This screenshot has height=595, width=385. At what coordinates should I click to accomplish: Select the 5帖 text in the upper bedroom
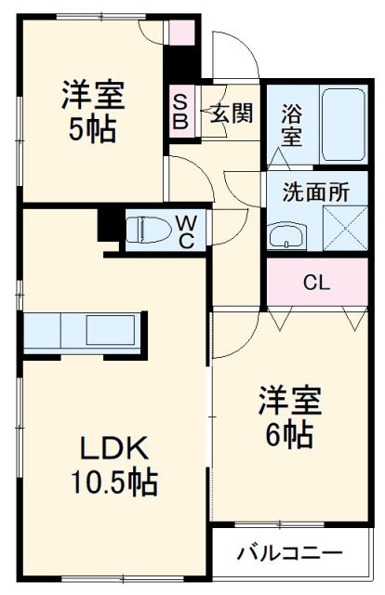coord(93,129)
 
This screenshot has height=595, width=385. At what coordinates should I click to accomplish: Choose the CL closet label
coord(316,282)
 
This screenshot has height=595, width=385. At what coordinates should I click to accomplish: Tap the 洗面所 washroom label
coord(316,193)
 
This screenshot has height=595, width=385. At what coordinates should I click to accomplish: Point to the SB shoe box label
coord(180,112)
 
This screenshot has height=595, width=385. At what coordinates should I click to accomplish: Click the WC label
coord(186,231)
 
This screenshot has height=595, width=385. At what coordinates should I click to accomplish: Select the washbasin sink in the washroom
coord(286,236)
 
